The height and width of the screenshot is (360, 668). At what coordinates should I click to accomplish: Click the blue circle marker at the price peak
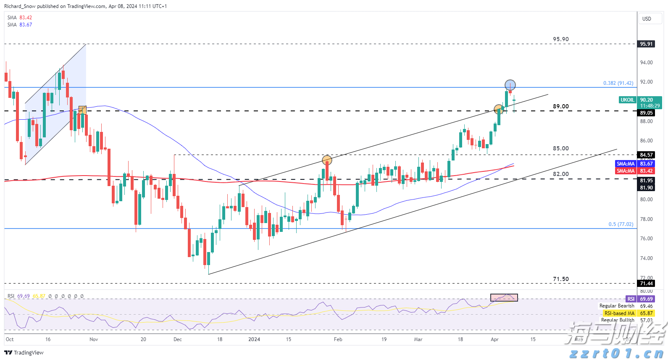(510, 85)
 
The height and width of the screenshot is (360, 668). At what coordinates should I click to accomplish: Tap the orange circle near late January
(327, 160)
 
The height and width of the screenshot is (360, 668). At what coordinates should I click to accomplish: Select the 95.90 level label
(560, 39)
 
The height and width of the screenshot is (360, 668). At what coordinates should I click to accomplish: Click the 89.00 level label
(560, 106)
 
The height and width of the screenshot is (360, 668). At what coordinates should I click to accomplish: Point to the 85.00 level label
(560, 148)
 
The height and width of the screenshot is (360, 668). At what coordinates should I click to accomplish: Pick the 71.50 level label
(560, 279)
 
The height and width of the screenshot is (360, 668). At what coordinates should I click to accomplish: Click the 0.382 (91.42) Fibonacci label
(618, 83)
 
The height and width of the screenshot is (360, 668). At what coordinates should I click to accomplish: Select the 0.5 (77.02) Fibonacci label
(621, 224)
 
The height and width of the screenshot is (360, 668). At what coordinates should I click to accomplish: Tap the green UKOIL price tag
(627, 100)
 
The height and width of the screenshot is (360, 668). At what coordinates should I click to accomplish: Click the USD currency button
(647, 18)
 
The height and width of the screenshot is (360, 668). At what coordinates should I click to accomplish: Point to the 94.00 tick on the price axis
(646, 63)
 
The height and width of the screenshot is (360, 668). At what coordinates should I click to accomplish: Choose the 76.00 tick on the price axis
(646, 239)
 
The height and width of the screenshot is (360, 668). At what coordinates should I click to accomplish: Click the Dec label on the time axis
(178, 339)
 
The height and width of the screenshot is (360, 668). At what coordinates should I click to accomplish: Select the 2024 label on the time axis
(254, 339)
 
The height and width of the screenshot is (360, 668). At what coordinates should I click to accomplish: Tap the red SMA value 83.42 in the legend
(26, 18)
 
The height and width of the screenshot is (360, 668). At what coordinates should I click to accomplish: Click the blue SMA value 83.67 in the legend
(26, 25)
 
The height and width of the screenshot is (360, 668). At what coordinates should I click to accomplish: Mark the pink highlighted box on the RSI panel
(504, 297)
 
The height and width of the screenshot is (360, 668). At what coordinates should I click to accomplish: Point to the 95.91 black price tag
(646, 44)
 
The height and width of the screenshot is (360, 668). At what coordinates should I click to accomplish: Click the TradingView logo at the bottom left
(24, 352)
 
